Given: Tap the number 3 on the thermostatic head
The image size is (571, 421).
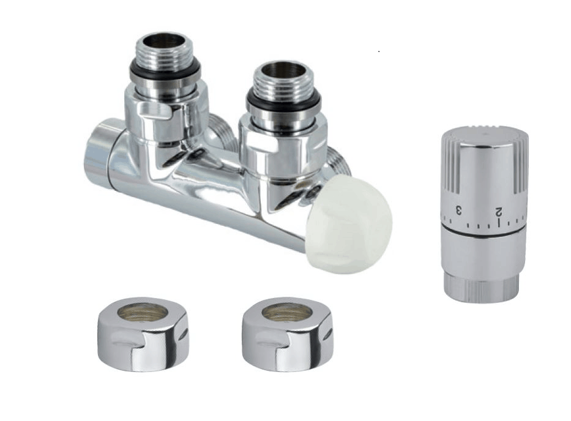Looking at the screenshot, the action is [459, 210].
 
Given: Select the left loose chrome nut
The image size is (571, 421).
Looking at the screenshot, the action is [144, 334].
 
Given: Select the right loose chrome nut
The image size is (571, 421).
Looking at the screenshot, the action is [288, 334].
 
